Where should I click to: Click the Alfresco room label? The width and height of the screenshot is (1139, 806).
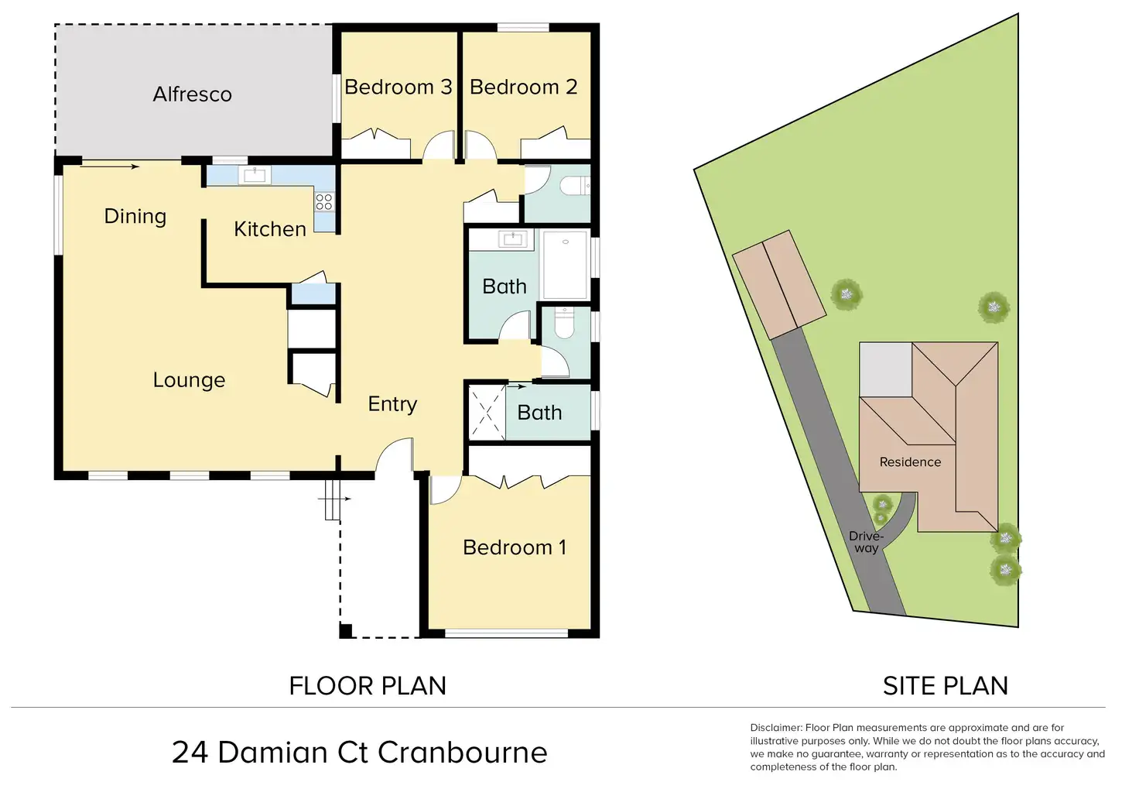point(192,94)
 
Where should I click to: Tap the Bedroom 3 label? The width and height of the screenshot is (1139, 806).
point(398,87)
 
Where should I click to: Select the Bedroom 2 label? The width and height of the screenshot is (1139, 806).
point(523,87)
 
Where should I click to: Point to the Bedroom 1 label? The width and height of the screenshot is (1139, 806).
point(515,547)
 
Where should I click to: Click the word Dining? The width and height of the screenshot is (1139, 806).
point(135,216)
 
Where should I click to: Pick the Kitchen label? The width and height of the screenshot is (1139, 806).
point(270,229)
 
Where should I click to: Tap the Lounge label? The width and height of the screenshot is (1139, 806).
point(189,380)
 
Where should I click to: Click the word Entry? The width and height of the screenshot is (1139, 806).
point(392,404)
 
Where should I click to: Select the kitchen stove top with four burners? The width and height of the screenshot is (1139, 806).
point(324,201)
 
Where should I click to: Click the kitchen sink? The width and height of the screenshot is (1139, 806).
point(255,176)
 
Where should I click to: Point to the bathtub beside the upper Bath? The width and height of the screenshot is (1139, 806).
point(565,264)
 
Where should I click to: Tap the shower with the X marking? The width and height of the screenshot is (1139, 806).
point(487,413)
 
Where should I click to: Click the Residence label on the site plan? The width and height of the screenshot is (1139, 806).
point(910,462)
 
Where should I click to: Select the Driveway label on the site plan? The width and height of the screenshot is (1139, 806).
point(866,542)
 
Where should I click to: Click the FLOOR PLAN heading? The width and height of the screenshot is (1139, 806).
point(368,686)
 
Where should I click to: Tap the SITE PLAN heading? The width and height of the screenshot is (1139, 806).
point(945,686)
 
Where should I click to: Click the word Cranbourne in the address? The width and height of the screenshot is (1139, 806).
point(462,753)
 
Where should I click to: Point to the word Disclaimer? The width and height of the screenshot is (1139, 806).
point(776,728)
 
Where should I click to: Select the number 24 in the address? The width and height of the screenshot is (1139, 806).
point(190,753)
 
